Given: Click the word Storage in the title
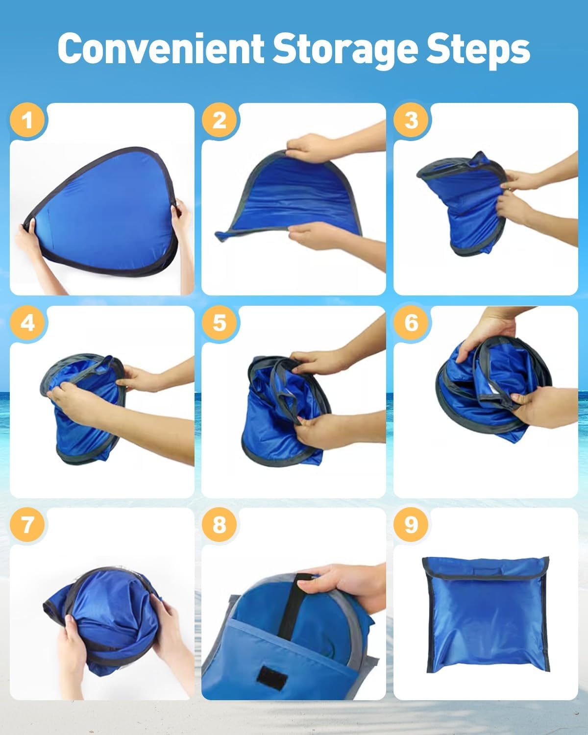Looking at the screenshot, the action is point(345,51).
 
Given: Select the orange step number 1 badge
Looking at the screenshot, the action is point(27,120).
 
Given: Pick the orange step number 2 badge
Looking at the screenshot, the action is point(219,120).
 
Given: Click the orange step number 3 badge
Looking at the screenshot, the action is point(411,120).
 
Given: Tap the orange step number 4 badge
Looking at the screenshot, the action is point(27,323).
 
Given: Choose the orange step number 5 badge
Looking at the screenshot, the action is point(219,323).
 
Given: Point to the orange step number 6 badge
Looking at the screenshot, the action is point(411,323).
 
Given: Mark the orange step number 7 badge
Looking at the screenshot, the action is point(27,525).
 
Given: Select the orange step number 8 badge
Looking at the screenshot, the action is point(219,525).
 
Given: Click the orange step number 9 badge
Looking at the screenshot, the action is point(411,525).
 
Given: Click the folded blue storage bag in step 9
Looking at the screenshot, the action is point(486,615).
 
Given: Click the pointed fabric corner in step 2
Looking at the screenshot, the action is point(220,235).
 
